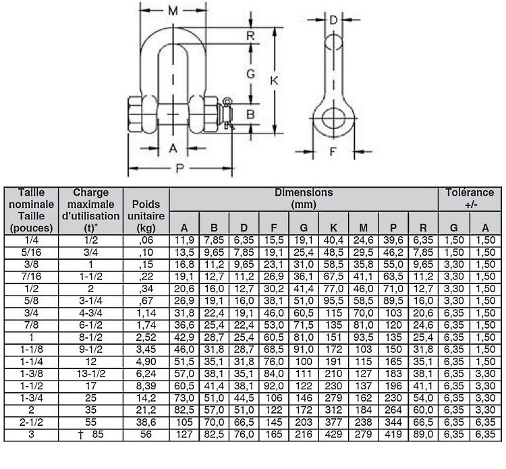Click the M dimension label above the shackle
coord(173,11)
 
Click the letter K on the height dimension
coord(274,80)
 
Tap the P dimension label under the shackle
coord(179,168)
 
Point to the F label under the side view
coord(333,150)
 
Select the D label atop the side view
coord(333,20)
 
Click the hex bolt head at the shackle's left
coord(134,114)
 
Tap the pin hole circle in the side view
coord(333,119)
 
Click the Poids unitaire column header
coord(146,216)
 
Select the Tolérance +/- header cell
coord(470,198)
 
